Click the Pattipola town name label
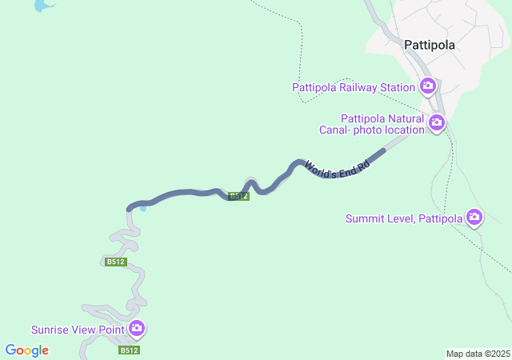pos(430,45)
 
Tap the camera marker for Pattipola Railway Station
pos(428,86)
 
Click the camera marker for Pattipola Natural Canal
pos(437,122)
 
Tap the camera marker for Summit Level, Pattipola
pos(474,217)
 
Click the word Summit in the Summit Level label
pos(365,218)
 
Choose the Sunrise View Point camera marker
pos(137,328)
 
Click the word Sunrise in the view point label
pos(50,330)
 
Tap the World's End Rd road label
pos(337,167)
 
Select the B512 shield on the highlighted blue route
pos(239,196)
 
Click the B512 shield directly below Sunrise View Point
pos(130,350)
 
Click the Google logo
pos(26,350)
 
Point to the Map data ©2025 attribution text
pos(478,354)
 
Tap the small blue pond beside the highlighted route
pos(143,209)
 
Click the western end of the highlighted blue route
pos(129,208)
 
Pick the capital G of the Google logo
pos(11,350)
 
